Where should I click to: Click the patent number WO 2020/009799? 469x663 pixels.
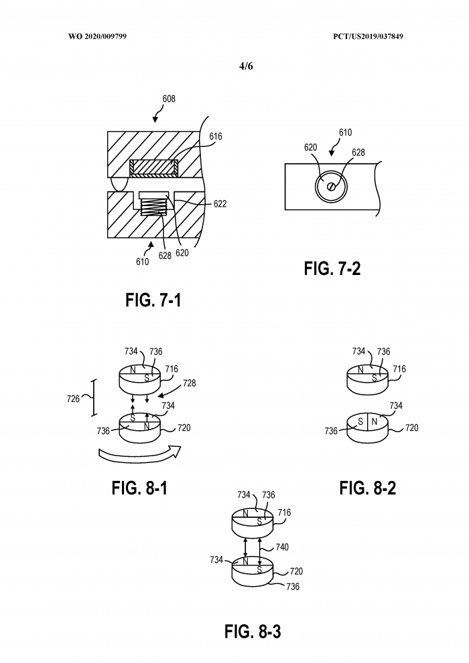click(x=97, y=35)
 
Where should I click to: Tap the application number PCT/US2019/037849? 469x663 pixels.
click(x=366, y=35)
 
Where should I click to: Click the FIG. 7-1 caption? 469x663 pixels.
click(x=153, y=300)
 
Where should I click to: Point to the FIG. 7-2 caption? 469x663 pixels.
click(x=332, y=269)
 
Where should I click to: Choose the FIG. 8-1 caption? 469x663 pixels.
click(x=139, y=488)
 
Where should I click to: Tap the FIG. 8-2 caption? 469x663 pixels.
click(x=367, y=488)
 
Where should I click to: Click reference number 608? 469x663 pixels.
click(x=169, y=99)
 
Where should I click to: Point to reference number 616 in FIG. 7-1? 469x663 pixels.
click(x=215, y=136)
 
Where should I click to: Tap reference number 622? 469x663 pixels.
click(x=220, y=204)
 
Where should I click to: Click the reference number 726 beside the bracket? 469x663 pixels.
click(x=73, y=399)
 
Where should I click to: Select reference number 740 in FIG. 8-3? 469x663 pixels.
click(x=282, y=547)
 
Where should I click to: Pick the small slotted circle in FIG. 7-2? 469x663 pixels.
click(x=331, y=187)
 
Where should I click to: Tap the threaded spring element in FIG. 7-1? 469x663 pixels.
click(x=153, y=204)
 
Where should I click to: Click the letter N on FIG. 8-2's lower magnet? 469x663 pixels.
click(x=374, y=421)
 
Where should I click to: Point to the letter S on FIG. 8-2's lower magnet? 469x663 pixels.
click(x=360, y=422)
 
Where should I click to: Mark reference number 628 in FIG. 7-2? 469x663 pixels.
click(x=358, y=153)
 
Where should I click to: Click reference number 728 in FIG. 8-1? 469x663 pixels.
click(x=190, y=385)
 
